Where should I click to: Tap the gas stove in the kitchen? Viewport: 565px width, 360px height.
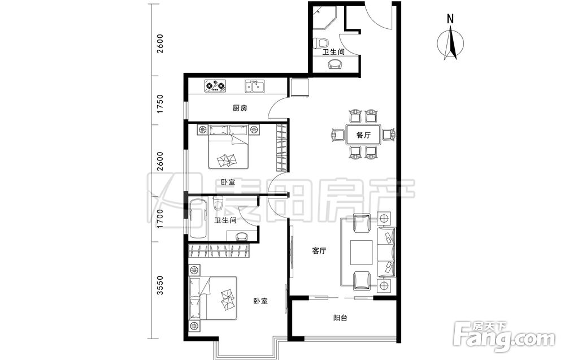click(215, 86)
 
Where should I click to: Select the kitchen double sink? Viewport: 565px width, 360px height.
click(255, 86)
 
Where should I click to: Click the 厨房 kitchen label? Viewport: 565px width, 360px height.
click(240, 108)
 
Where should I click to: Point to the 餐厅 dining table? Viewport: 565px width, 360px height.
click(363, 135)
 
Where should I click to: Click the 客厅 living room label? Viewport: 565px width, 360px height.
click(319, 251)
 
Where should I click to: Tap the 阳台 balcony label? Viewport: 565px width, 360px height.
click(340, 318)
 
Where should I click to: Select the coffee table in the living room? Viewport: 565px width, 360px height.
click(362, 252)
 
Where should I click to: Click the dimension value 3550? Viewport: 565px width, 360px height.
click(160, 285)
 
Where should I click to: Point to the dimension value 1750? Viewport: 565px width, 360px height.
click(160, 104)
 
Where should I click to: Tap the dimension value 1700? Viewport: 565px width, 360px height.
click(160, 219)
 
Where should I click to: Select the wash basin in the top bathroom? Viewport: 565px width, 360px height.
click(336, 64)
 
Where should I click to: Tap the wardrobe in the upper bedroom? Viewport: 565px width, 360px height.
click(281, 148)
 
